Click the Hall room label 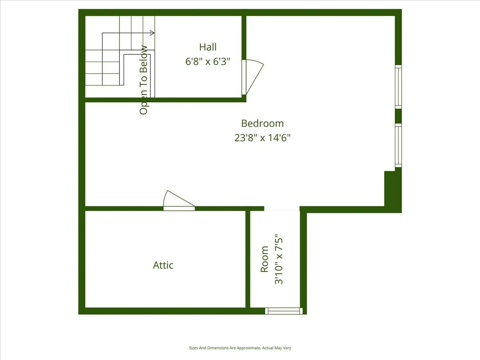click(x=208, y=47)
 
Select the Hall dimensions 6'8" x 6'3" click(x=208, y=62)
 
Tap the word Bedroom click(x=262, y=124)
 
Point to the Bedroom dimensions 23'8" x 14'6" click(x=262, y=138)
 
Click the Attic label click(x=163, y=265)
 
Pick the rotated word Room click(x=264, y=259)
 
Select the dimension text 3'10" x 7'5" click(x=279, y=259)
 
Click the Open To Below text click(x=144, y=80)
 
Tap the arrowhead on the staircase click(x=152, y=33)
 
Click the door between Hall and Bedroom click(x=252, y=77)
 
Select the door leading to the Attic click(x=179, y=201)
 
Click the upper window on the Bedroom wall click(x=398, y=86)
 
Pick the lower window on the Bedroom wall click(x=398, y=145)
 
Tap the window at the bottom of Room click(x=284, y=311)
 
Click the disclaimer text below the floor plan click(x=240, y=348)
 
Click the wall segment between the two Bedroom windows click(x=398, y=116)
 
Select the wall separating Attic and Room click(x=248, y=259)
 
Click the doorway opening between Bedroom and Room click(x=282, y=208)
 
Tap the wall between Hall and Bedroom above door click(x=244, y=38)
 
